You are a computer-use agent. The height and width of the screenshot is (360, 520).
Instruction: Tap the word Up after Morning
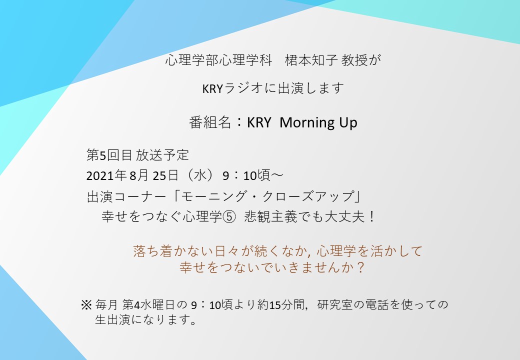[x=348, y=123]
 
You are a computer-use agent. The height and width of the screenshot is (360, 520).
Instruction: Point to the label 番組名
[x=210, y=122]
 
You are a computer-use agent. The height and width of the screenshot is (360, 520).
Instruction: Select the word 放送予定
[x=162, y=155]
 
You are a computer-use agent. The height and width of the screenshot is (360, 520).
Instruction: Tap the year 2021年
[x=106, y=175]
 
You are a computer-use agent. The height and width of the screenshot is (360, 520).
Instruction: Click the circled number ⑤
[x=229, y=217]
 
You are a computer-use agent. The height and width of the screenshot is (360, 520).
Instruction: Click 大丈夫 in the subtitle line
[x=345, y=217]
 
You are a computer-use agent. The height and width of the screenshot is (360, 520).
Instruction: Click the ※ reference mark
[x=86, y=304]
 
